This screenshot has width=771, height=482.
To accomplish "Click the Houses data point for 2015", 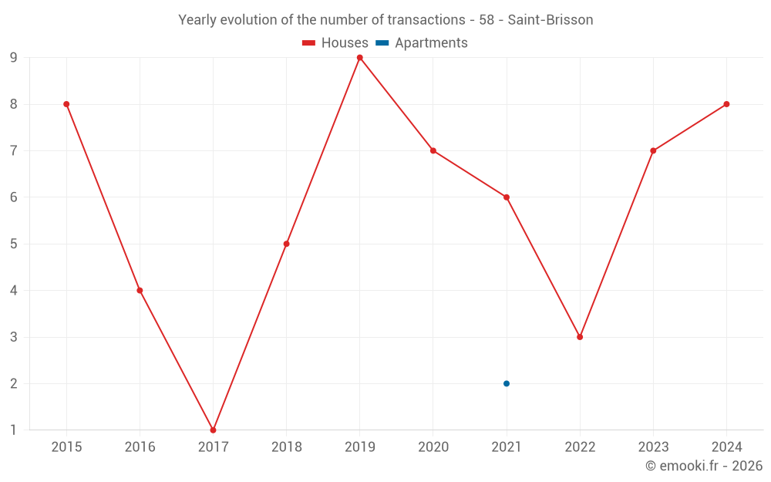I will tap(66, 104).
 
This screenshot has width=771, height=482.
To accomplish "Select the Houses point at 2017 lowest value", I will tap(213, 430).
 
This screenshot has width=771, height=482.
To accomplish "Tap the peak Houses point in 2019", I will tap(360, 58).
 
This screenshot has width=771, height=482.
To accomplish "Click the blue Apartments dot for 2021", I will tap(507, 383).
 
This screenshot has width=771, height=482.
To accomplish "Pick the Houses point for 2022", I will tap(580, 337).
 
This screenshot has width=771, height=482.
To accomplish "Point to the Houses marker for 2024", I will tap(726, 104).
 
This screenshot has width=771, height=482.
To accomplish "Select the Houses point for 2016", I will tap(140, 291).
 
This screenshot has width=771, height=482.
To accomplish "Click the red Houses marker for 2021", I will tap(507, 197).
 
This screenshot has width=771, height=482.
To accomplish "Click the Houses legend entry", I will tap(335, 43).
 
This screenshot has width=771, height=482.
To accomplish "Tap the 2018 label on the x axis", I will tap(286, 447).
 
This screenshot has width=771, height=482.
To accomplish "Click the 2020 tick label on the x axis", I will tap(433, 447).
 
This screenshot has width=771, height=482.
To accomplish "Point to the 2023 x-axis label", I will tap(653, 447).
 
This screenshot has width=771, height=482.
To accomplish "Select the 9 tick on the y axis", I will tap(14, 58).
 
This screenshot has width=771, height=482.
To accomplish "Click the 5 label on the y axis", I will tap(14, 244).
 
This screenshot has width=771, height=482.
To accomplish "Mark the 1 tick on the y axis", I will tap(14, 430).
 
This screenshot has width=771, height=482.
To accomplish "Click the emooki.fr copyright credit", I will tap(704, 466).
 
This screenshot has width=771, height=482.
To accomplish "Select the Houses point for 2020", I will tap(433, 150).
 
